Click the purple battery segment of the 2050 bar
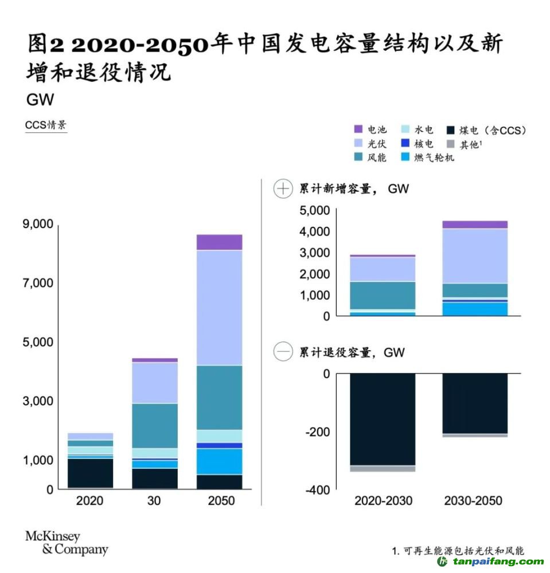[219, 242]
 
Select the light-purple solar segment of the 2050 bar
[219, 307]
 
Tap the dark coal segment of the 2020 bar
[90, 473]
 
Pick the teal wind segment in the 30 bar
[154, 425]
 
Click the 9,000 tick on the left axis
[38, 224]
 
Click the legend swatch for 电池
[358, 130]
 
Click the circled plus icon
[283, 189]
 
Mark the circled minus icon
[283, 352]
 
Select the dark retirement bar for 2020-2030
[383, 419]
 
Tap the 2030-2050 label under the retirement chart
[473, 501]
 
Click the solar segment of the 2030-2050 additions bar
[475, 256]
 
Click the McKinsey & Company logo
[66, 543]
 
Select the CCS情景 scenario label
[46, 125]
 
